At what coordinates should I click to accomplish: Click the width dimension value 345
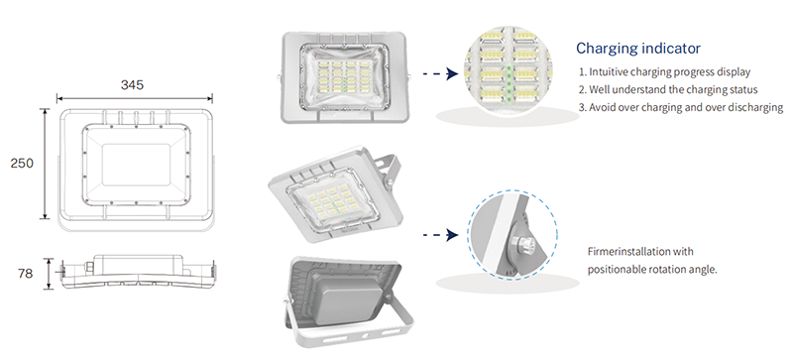[132, 84]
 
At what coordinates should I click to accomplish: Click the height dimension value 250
[22, 163]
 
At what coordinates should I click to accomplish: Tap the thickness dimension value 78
[25, 274]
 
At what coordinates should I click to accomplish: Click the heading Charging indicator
[638, 49]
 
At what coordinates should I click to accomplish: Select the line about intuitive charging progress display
[664, 71]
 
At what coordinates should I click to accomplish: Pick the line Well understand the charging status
[668, 89]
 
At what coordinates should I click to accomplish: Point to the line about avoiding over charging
[681, 107]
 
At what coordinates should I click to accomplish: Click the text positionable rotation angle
[652, 270]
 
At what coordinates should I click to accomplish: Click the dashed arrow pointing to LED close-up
[440, 74]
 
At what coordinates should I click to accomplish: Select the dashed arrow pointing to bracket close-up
[440, 234]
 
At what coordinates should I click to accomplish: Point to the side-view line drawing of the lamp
[137, 273]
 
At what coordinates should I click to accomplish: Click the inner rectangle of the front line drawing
[136, 165]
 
